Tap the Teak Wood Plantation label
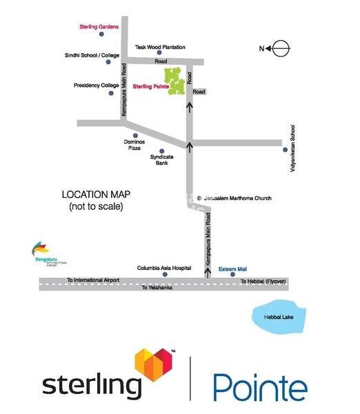tap(161, 47)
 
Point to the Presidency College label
tap(96, 86)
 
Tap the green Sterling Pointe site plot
tap(174, 81)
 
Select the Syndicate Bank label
tap(161, 160)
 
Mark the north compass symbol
tap(281, 48)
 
